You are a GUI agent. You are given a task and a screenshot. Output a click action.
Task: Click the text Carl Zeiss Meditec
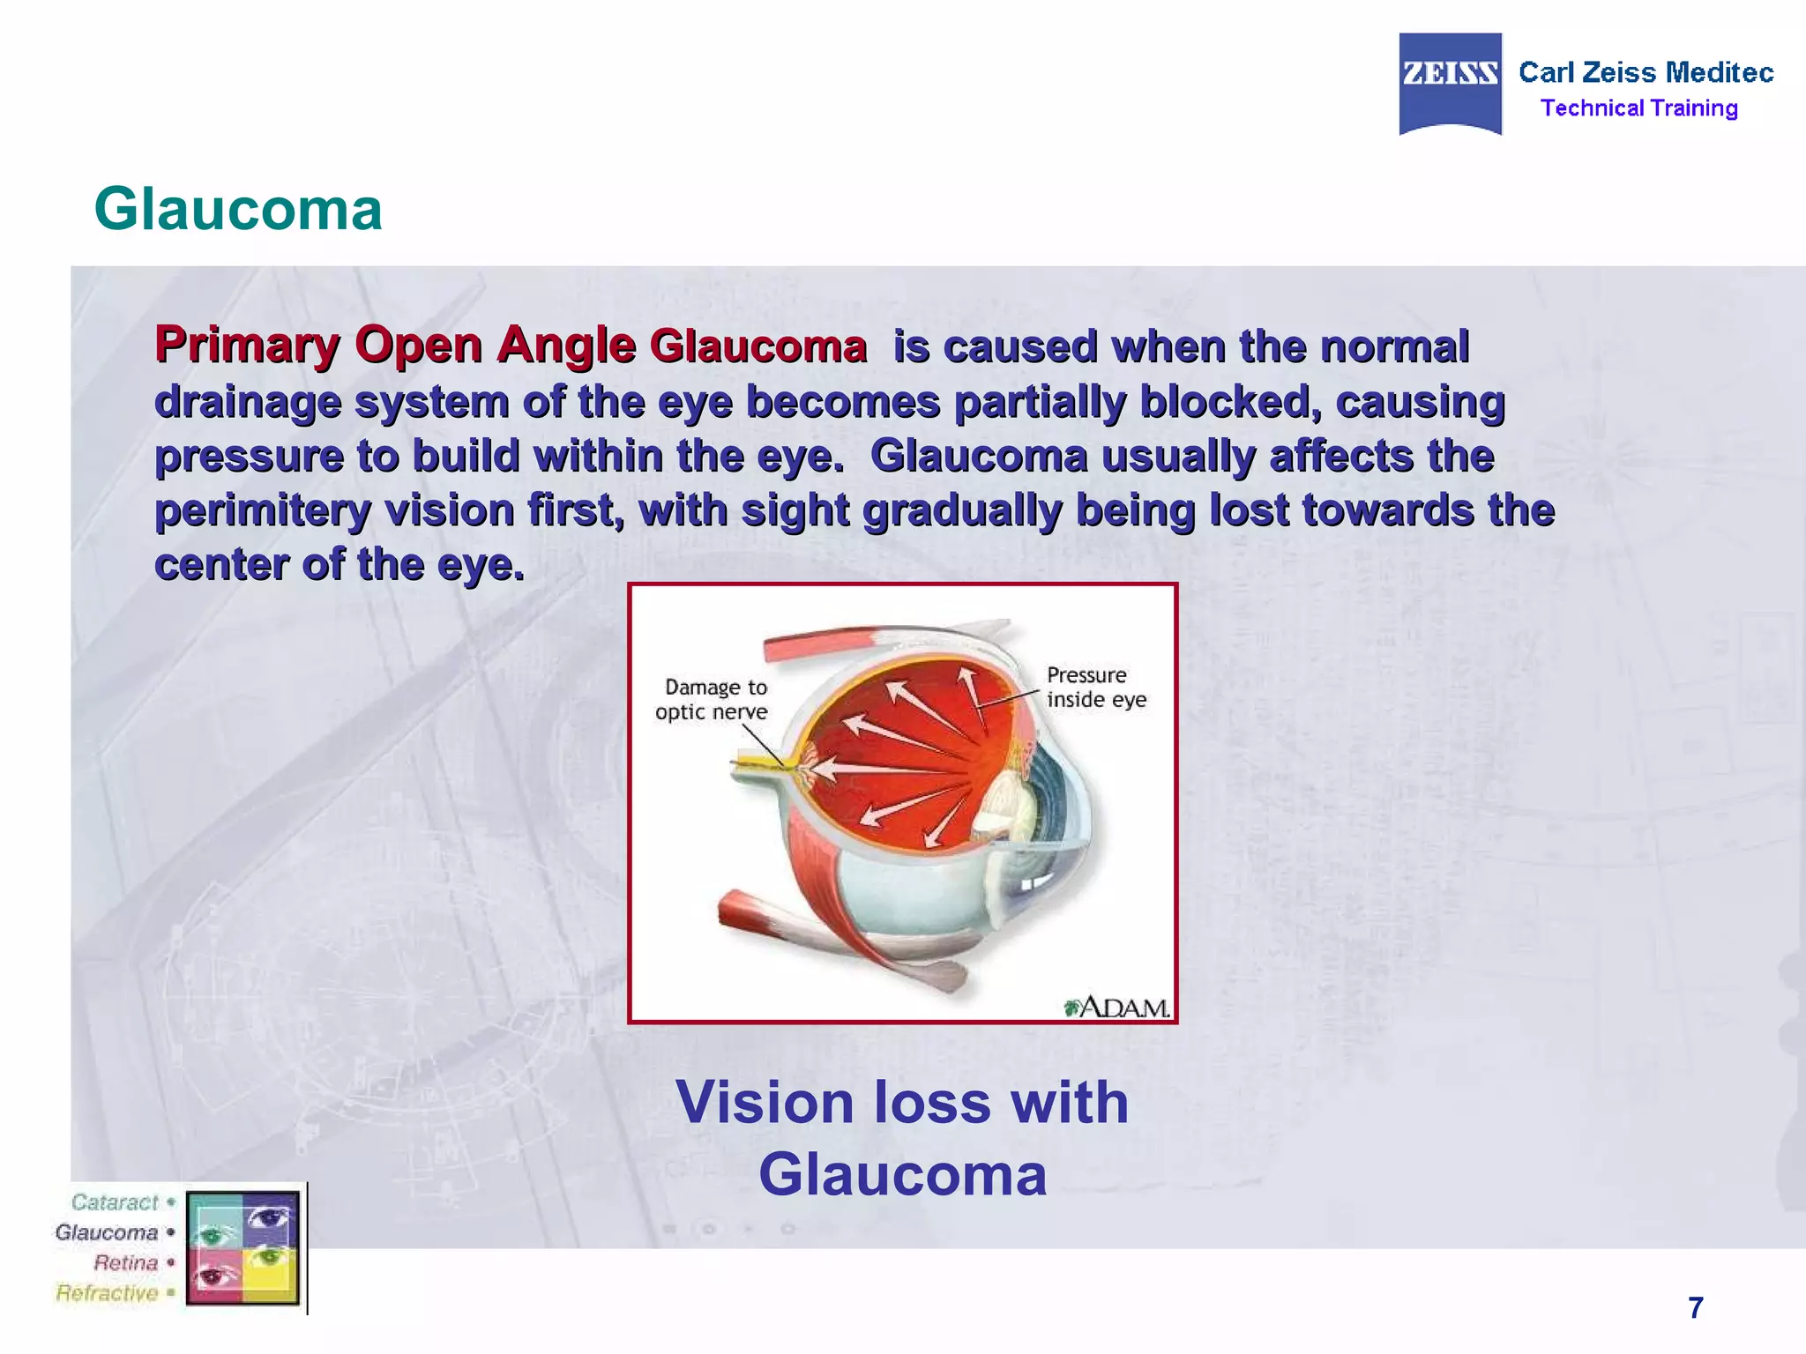coord(1646,72)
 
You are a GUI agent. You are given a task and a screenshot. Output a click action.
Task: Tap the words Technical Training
coord(1638,108)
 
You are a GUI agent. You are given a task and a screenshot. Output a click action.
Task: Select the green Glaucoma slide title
coord(238,210)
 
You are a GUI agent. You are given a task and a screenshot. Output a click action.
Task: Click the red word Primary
coord(247,346)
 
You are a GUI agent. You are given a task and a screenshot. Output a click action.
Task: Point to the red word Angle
coord(565,346)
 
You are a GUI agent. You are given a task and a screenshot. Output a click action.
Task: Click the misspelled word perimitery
coord(263,511)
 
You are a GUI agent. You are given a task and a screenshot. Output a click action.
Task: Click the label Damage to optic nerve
coord(713,699)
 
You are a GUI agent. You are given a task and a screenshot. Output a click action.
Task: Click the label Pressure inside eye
coord(1095,688)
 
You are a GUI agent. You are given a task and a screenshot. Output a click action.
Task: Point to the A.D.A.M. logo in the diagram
coord(1117,1007)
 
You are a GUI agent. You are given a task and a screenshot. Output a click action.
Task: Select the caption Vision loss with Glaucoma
coord(902,1138)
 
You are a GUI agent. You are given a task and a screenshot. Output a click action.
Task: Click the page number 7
coord(1695,1307)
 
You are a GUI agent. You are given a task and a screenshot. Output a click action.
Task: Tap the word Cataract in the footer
coord(115,1202)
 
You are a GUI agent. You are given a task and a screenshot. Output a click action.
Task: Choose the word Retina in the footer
coord(125,1262)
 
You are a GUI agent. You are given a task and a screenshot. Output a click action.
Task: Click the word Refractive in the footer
coord(107,1293)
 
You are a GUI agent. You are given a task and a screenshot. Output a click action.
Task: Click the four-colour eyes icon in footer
coord(243,1247)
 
